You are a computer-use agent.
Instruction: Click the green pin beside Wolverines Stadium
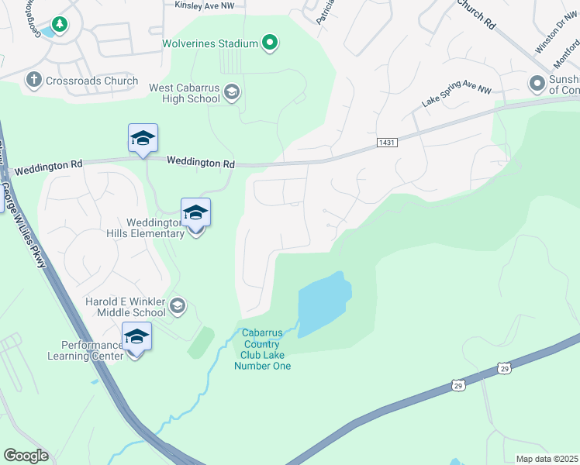pos(269,43)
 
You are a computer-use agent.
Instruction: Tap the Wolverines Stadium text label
pos(209,43)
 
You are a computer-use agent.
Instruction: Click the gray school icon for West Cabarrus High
pos(231,94)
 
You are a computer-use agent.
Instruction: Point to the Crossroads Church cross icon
pos(33,79)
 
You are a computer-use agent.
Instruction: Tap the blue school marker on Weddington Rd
pos(143,139)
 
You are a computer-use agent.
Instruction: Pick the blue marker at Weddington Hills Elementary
pos(195,213)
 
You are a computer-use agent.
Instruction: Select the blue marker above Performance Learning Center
pos(136,337)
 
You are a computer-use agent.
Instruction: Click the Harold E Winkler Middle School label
pos(126,307)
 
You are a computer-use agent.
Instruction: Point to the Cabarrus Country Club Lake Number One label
pos(263,350)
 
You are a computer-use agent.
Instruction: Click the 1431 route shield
pos(387,143)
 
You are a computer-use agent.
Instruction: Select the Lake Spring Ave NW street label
pos(457,95)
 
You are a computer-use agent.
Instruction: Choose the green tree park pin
pos(59,24)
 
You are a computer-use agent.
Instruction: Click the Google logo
pos(26,456)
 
